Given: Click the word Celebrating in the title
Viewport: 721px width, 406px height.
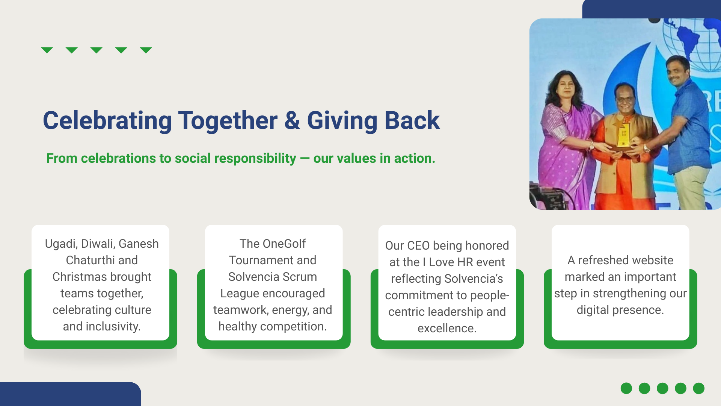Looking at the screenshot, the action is [107, 121].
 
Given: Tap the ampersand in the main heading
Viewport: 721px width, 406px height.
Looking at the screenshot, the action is [292, 120].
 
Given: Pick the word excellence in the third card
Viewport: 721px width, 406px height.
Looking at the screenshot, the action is [447, 328].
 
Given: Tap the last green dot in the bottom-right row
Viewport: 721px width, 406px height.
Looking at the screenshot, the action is [698, 388].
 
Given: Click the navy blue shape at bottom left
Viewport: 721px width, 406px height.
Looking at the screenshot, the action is [70, 394].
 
